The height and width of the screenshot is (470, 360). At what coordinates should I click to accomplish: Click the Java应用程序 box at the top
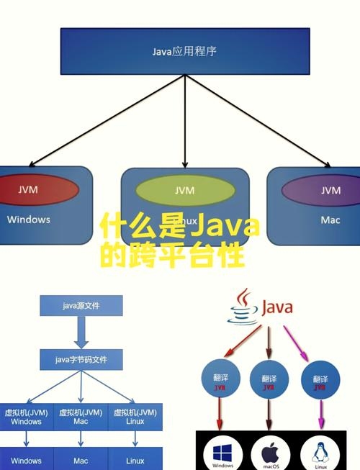click(x=185, y=51)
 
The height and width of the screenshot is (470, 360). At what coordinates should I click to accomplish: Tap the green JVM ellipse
click(x=185, y=191)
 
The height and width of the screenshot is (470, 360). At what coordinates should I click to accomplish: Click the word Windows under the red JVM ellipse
click(x=29, y=220)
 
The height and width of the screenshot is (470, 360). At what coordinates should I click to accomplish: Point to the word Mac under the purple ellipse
click(x=330, y=220)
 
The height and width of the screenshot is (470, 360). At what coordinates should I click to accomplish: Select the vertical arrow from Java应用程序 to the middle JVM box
click(x=185, y=122)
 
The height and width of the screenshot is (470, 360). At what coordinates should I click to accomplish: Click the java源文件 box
click(x=81, y=306)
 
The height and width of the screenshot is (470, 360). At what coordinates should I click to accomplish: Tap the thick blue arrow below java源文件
click(x=81, y=333)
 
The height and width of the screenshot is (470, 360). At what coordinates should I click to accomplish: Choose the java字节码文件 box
click(x=81, y=358)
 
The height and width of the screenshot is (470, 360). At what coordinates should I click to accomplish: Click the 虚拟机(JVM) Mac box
click(x=81, y=417)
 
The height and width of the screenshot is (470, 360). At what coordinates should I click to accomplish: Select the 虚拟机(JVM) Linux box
click(x=135, y=417)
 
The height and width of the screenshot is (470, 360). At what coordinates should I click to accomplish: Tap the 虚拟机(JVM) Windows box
click(x=26, y=417)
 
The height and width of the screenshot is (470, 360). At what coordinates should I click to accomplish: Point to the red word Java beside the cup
click(x=276, y=308)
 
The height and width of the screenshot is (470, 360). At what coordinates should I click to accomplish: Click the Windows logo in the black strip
click(x=222, y=452)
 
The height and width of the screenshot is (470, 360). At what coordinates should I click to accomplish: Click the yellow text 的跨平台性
click(x=173, y=256)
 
